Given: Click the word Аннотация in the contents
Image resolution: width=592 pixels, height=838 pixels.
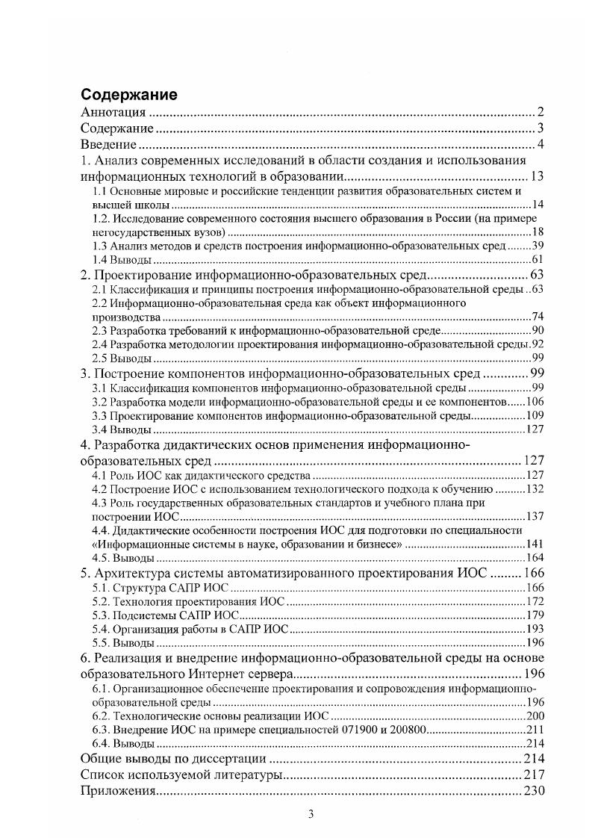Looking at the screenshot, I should pos(113,113).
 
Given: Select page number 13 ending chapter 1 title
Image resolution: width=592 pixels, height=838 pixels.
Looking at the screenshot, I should pos(537,176).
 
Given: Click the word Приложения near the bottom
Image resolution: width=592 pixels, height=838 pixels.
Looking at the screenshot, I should pos(116,791).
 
